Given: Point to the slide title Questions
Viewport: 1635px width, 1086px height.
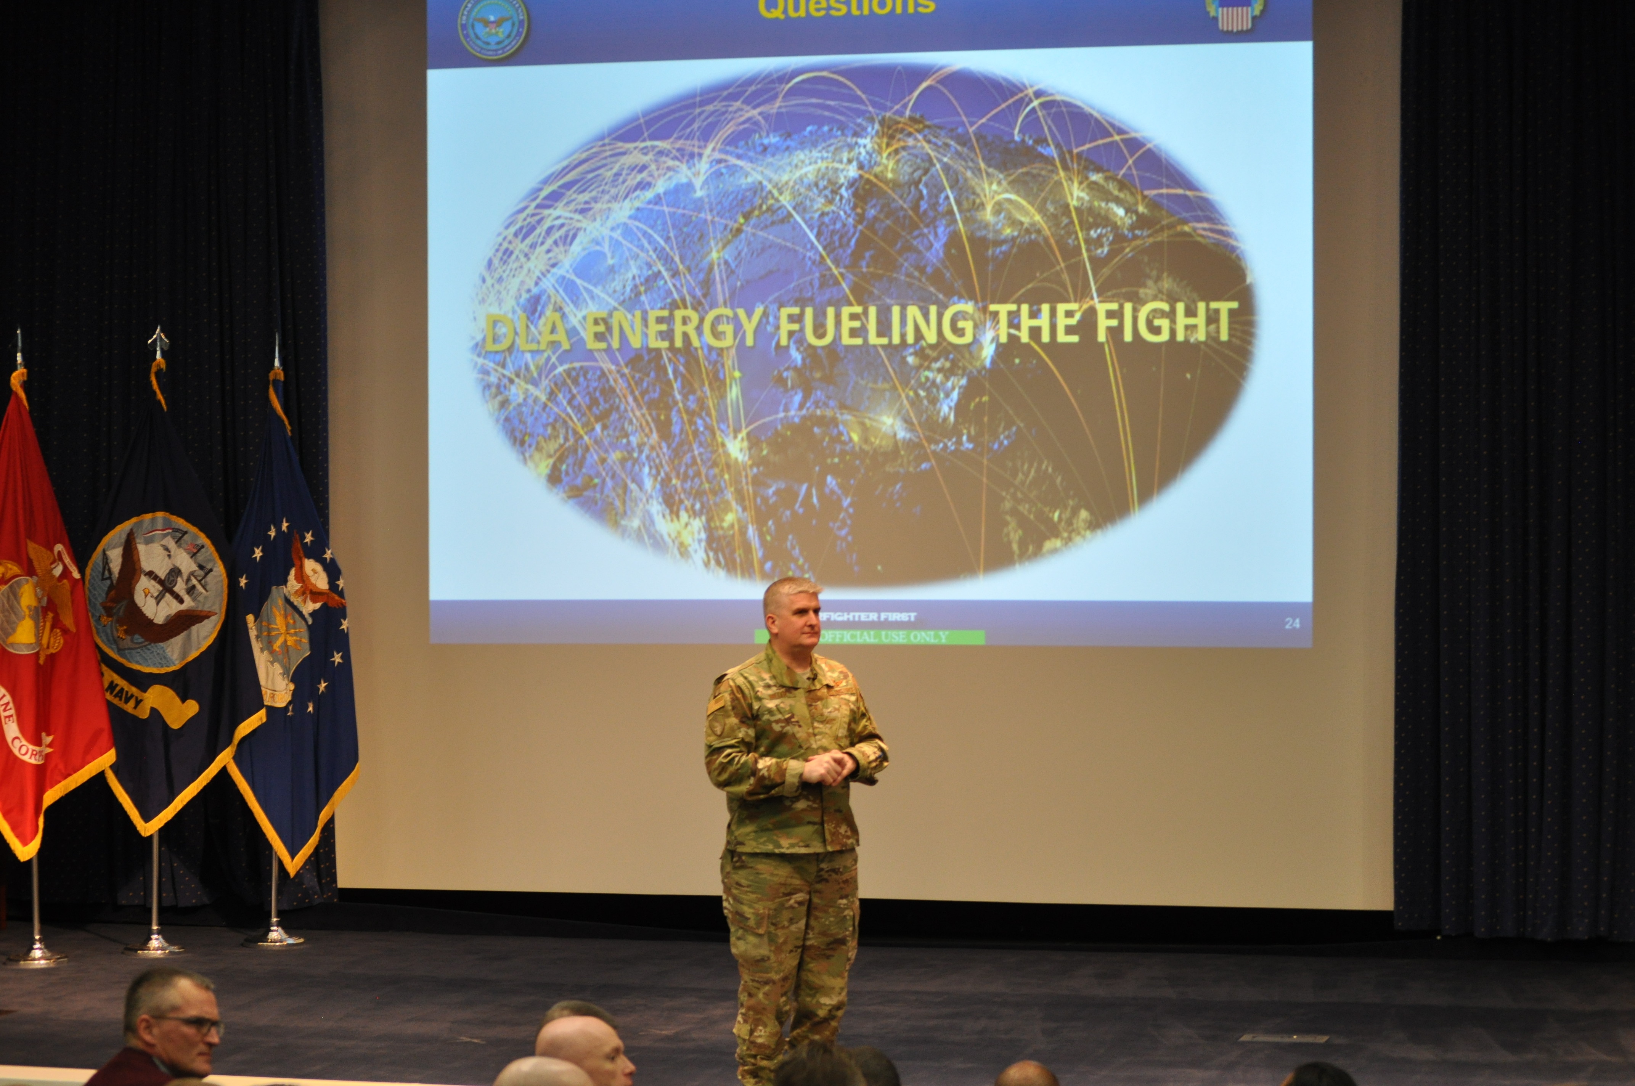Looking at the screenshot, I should click(x=846, y=7).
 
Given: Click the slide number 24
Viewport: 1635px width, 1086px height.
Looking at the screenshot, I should click(x=1292, y=623).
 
